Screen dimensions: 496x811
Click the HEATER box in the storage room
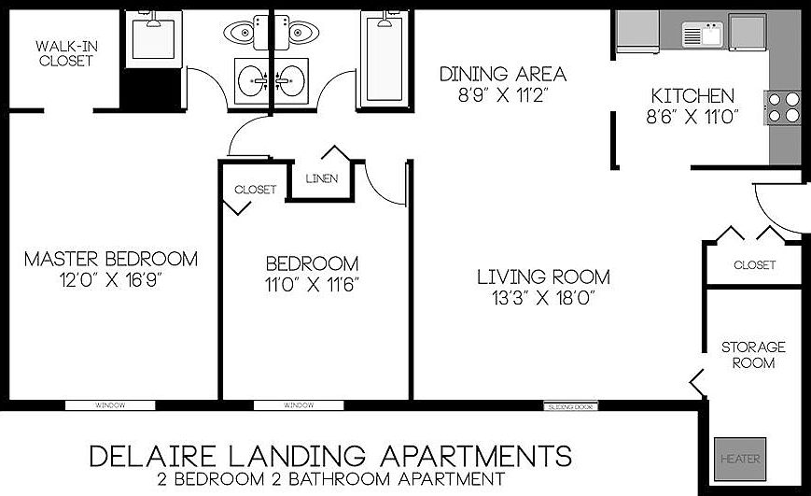pyautogui.click(x=740, y=460)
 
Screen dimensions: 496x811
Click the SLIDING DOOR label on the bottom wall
pyautogui.click(x=569, y=406)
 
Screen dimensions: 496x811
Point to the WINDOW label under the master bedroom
pyautogui.click(x=109, y=406)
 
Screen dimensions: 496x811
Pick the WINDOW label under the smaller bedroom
pyautogui.click(x=299, y=406)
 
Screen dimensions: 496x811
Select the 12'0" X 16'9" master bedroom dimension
pyautogui.click(x=111, y=278)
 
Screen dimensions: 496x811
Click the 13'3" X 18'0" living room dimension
pyautogui.click(x=543, y=298)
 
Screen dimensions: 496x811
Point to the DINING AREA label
pyautogui.click(x=503, y=74)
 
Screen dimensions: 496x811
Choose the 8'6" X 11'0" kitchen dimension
pyautogui.click(x=692, y=116)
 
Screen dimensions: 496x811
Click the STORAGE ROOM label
pyautogui.click(x=752, y=354)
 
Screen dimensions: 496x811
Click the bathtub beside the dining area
pyautogui.click(x=385, y=58)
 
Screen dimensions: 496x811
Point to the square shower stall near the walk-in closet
pyautogui.click(x=153, y=39)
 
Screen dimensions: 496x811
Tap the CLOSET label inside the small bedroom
pyautogui.click(x=255, y=190)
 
